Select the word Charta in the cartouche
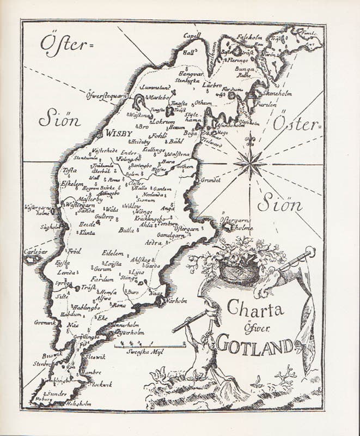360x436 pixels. [x=255, y=311]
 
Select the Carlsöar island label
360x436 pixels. [x=32, y=252]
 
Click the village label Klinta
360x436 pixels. [x=87, y=232]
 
